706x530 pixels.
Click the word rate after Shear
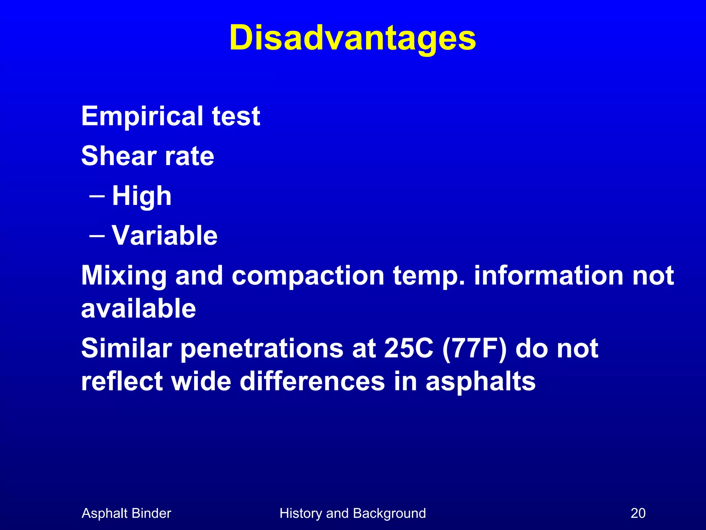[x=190, y=157]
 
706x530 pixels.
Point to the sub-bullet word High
[x=142, y=196]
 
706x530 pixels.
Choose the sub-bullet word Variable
[x=165, y=235]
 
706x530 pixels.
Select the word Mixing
[x=124, y=276]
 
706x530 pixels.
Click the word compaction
[x=308, y=276]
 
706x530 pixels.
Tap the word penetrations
[x=262, y=349]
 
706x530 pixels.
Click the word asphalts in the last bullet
[x=481, y=382]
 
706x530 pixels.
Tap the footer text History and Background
[x=353, y=513]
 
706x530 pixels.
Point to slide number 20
[x=638, y=513]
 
